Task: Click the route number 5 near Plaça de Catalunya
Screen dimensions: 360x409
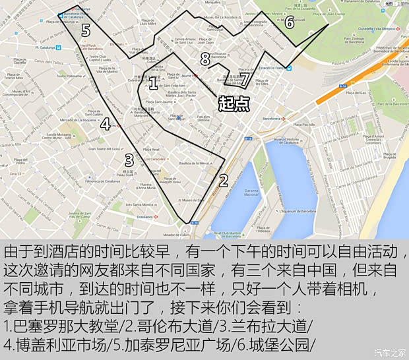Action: (86, 30)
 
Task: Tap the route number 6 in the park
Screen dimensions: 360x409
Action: (289, 22)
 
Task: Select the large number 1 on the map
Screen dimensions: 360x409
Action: (153, 83)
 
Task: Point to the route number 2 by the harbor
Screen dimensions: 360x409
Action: (223, 180)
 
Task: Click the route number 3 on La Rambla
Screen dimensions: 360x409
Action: (129, 159)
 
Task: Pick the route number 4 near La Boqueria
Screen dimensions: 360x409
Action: (106, 123)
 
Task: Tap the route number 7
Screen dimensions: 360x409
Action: (244, 79)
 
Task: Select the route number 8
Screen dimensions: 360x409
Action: (205, 60)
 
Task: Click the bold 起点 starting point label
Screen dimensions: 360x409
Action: (234, 104)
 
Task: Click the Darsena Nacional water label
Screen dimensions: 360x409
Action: (251, 194)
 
